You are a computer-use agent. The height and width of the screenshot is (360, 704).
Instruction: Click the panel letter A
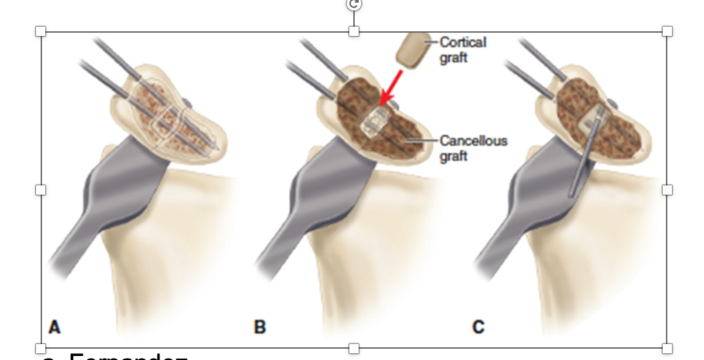(55, 327)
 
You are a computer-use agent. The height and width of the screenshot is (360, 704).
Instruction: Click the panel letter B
(259, 327)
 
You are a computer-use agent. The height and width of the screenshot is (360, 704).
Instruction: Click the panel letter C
(478, 327)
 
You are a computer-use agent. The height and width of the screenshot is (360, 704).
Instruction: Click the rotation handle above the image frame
(354, 4)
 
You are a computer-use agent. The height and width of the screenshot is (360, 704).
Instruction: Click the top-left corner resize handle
(41, 31)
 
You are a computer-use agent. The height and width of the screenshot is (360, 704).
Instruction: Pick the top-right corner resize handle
(667, 31)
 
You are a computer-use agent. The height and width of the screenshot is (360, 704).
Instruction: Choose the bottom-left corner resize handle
(41, 348)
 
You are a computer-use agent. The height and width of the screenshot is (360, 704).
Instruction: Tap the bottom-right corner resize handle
(667, 348)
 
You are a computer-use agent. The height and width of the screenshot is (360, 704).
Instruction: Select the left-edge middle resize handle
(41, 190)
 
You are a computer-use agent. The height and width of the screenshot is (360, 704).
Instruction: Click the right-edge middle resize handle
(667, 190)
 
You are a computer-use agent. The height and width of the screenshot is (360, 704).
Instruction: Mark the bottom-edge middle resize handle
(354, 348)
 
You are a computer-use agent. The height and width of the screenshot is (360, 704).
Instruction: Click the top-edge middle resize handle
(354, 31)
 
